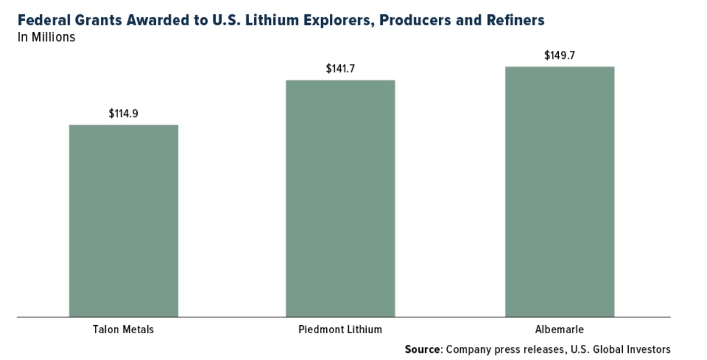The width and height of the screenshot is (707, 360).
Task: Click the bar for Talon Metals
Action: [124, 221]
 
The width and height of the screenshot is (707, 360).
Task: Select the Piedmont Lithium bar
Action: [340, 199]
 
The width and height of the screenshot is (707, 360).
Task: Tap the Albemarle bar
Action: [560, 192]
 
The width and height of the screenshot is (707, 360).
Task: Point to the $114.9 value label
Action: [124, 113]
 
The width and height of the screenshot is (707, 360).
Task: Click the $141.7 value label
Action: [340, 69]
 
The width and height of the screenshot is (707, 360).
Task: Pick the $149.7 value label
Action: [560, 55]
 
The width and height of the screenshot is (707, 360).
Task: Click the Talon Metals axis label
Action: [124, 330]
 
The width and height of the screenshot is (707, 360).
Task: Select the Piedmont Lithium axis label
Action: [340, 330]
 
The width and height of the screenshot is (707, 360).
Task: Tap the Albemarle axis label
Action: [560, 330]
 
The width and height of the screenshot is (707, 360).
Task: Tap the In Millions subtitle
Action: [46, 37]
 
